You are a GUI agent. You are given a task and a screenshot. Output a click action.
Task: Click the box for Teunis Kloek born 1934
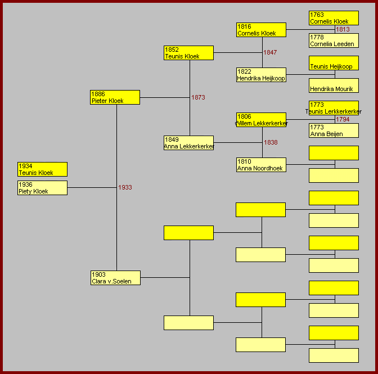[42, 169]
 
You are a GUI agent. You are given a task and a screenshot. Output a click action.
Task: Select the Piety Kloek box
[42, 188]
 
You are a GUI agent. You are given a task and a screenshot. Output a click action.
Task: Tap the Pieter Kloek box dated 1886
[115, 97]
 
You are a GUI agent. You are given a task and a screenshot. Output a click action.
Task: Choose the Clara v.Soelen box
[115, 278]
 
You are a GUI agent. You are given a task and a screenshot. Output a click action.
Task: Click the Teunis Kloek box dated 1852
[188, 53]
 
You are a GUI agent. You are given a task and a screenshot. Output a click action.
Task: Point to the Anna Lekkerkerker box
[188, 143]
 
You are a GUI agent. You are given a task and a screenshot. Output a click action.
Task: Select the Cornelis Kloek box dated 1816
[262, 30]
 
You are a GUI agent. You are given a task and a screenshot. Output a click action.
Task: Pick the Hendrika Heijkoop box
[262, 75]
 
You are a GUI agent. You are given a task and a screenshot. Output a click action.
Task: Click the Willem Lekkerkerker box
[262, 120]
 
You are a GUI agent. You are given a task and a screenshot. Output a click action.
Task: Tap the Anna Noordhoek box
[262, 165]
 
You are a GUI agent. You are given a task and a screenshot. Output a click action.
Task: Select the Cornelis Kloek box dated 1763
[334, 18]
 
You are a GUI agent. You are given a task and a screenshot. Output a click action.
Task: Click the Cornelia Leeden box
[334, 40]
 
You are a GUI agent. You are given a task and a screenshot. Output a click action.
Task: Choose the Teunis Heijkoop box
[334, 63]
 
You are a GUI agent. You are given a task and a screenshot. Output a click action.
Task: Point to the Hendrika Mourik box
[334, 85]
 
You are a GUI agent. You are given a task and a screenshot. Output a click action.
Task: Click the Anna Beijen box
[334, 130]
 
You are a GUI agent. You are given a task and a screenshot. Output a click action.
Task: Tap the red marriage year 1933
[125, 187]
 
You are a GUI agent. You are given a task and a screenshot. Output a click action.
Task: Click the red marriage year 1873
[198, 97]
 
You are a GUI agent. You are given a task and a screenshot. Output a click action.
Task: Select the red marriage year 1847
[270, 52]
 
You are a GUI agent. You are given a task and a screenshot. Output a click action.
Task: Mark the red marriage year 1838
[271, 142]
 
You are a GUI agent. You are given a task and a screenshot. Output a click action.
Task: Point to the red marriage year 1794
[343, 119]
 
